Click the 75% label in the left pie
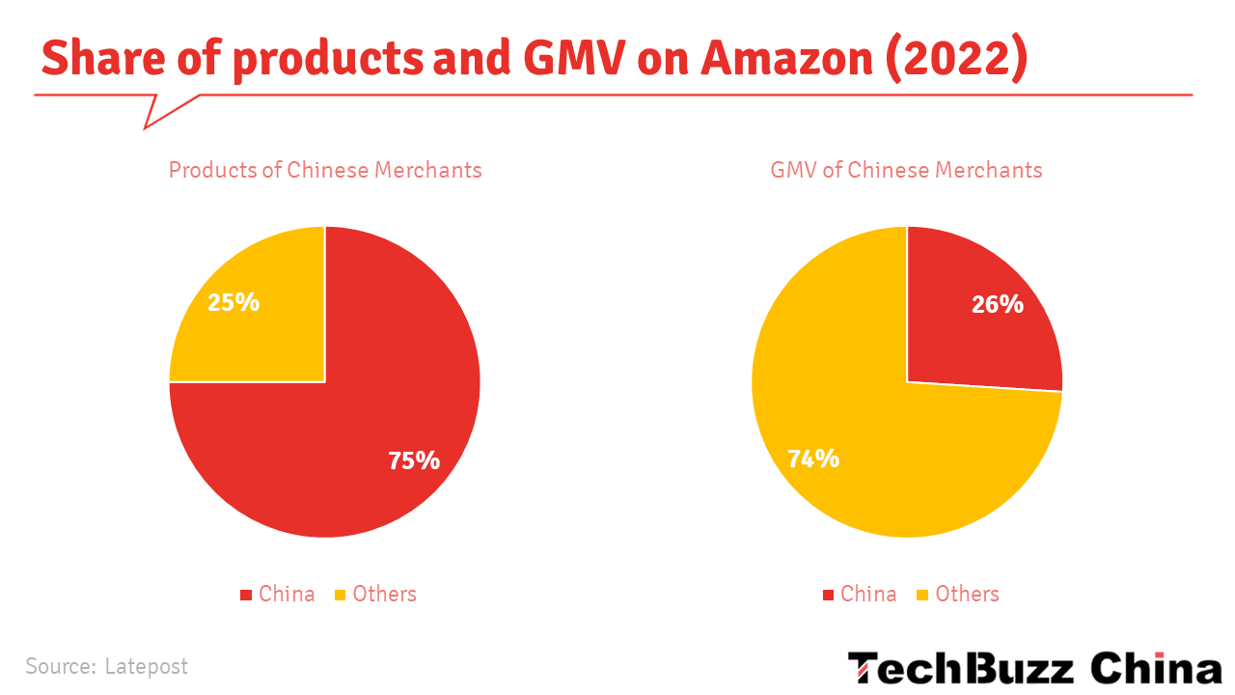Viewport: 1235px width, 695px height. pos(414,460)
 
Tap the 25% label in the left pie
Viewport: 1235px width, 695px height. pos(233,302)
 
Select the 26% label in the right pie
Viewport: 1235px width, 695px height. pos(997,304)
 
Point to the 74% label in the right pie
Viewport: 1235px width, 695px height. pos(813,459)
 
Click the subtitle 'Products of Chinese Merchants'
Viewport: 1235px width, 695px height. pos(325,170)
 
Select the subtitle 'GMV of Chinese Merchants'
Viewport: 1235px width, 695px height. pos(906,170)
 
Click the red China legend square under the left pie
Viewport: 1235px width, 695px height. pos(246,595)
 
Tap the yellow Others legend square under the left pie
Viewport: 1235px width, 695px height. pos(340,595)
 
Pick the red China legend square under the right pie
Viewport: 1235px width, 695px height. pos(828,595)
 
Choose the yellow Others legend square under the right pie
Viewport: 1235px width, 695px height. pos(922,595)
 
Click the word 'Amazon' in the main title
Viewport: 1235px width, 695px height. pos(785,59)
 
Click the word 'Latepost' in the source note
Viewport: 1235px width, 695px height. pos(146,666)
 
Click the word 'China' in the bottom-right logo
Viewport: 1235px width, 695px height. pos(1156,668)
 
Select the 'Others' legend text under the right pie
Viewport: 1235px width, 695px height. pos(967,594)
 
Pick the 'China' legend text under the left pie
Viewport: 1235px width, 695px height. pos(287,594)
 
